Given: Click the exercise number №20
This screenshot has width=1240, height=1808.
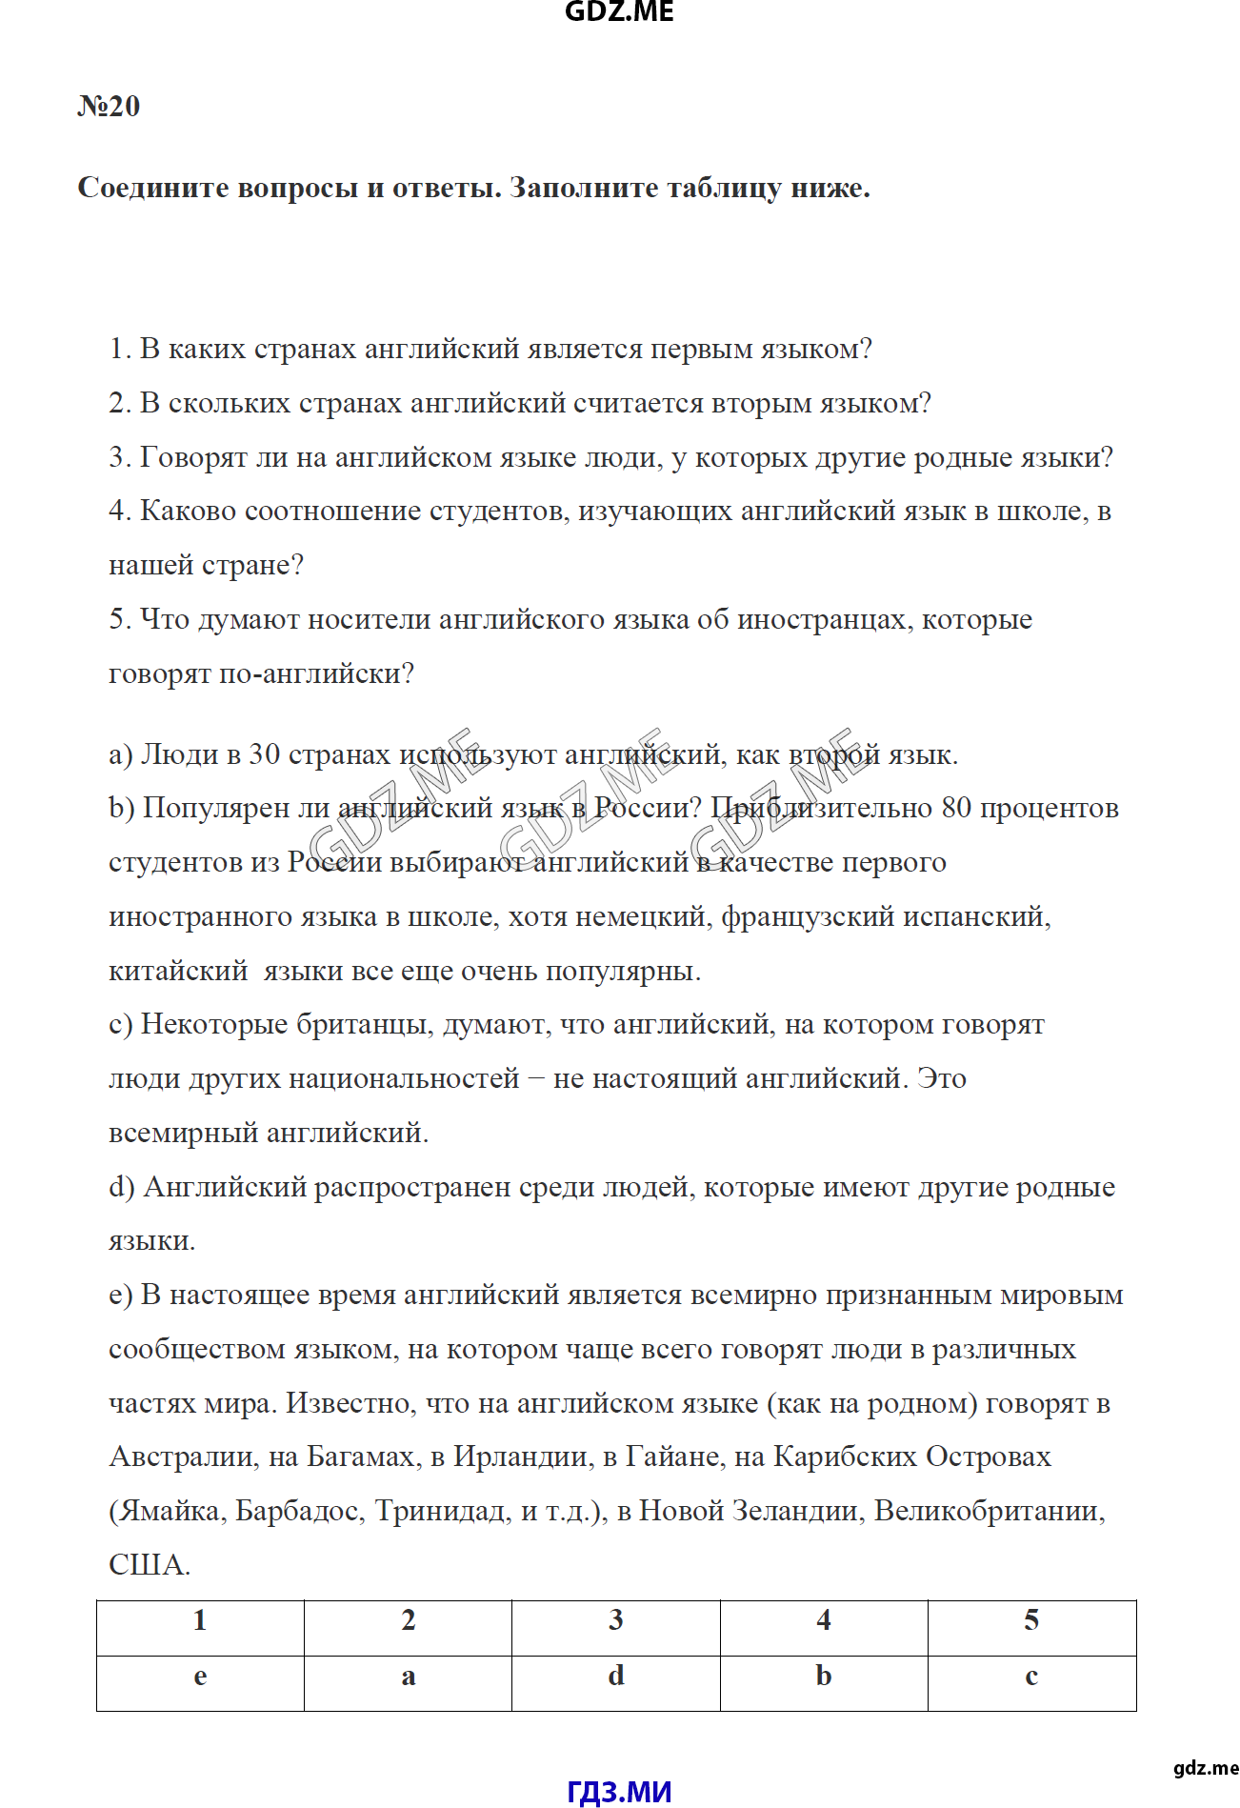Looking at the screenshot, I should (x=109, y=106).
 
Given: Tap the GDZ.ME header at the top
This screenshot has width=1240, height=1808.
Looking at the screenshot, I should (x=619, y=12).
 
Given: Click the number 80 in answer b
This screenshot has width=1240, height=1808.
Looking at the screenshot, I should (x=956, y=808).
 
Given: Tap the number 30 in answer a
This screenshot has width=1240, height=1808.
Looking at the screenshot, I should (x=264, y=754).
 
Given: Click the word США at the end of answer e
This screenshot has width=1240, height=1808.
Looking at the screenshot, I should (x=148, y=1564).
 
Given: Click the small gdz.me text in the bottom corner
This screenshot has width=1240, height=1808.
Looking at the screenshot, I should (x=1205, y=1768).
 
